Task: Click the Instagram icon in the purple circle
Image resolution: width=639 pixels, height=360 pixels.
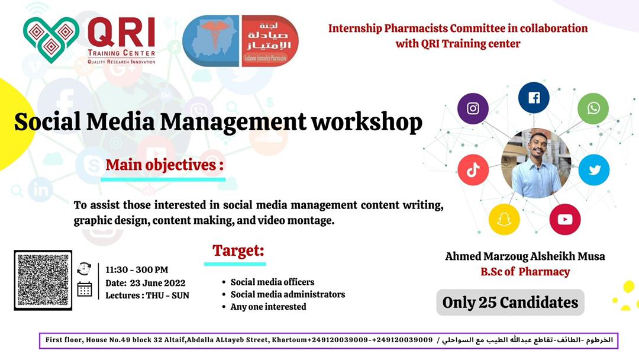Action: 473,108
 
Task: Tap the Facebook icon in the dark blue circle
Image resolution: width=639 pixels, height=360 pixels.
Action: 534,98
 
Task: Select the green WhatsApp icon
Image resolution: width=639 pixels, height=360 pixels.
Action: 593,108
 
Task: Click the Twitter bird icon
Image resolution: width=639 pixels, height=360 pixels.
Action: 594,170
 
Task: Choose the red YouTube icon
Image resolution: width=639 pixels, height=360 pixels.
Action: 564,219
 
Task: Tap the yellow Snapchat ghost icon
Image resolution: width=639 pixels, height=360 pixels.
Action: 504,219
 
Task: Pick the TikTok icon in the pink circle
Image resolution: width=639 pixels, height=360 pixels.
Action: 473,170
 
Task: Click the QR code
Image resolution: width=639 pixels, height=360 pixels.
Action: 43,280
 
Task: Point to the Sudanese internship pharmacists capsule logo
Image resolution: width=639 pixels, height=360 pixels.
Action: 240,40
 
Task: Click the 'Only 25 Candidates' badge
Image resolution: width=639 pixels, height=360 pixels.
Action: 510,303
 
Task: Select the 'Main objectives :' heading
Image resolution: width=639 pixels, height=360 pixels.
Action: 165,165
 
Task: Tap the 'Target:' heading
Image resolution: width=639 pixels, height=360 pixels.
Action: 238,250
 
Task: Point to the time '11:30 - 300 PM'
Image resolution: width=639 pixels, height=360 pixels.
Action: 137,270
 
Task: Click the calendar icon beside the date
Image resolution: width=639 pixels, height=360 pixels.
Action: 85,288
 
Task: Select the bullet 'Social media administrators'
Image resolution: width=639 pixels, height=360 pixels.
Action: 288,294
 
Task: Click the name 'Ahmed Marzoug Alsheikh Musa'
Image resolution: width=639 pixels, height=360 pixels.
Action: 525,256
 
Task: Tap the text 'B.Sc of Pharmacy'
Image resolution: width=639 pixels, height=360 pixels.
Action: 525,272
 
